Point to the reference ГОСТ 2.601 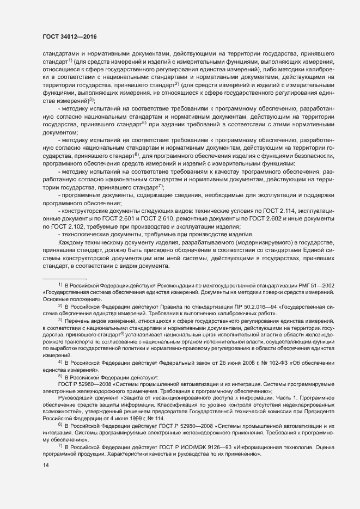[108, 218]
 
